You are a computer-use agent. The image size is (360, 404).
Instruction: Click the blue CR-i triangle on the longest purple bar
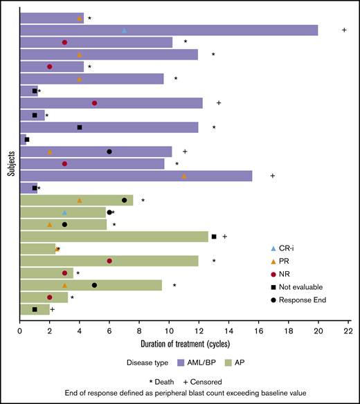click(125, 30)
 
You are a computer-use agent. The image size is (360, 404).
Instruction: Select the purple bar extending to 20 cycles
click(208, 30)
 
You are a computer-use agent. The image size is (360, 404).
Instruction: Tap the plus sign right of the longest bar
click(344, 30)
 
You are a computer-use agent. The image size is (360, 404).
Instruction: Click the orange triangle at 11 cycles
click(184, 176)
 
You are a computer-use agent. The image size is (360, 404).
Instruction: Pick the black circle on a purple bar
click(109, 151)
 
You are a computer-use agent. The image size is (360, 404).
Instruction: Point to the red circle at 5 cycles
click(95, 103)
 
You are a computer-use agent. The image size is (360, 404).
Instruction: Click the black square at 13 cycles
click(214, 237)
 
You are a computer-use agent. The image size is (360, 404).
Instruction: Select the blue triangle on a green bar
click(65, 212)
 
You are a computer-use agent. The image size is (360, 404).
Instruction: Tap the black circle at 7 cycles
click(125, 201)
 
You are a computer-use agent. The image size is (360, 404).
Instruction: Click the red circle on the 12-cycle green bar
click(109, 261)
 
